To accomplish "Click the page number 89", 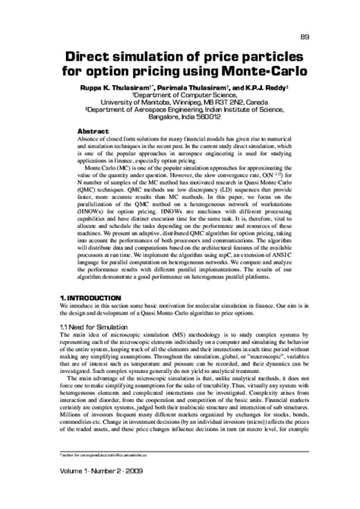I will [x=305, y=37].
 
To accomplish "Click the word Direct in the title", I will [x=88, y=58].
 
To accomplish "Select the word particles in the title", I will [x=260, y=58].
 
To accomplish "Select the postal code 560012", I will [x=216, y=117].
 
